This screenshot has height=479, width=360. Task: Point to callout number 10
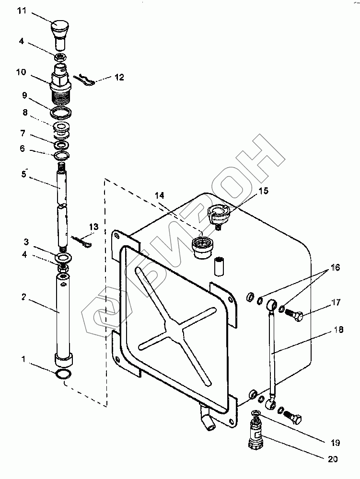pos(21,72)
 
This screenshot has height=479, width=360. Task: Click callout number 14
pos(159,195)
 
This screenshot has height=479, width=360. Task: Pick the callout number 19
pos(329,438)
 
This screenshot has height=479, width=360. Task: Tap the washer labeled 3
pos(63,258)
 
